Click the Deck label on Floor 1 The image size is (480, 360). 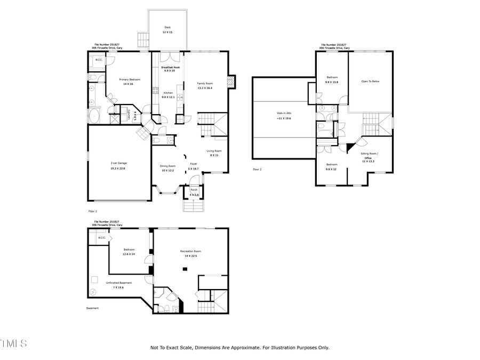point(167,28)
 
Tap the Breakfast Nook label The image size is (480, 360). point(171,67)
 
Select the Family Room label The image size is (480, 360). point(205,84)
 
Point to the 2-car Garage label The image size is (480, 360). point(118,163)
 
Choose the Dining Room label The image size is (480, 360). point(168,166)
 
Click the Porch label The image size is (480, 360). point(194,190)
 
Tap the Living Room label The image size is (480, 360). point(214,151)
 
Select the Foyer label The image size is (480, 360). point(194,164)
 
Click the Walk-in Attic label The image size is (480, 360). point(284,113)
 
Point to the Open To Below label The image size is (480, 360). point(370,81)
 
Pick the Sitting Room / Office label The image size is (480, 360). point(368,155)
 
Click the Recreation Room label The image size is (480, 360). point(190,251)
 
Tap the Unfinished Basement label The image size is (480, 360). point(118,283)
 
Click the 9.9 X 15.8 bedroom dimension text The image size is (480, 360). point(332,82)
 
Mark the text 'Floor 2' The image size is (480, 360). point(257,169)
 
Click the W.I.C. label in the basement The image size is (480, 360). point(101,238)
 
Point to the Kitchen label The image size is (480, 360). point(168,93)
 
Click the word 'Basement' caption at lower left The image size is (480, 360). point(92,308)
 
